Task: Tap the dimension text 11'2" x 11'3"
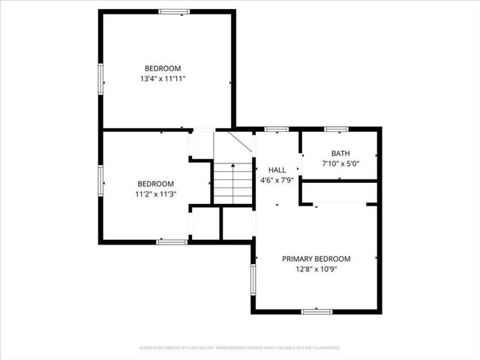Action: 155,194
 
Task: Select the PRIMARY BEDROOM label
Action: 316,259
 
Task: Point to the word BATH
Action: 340,153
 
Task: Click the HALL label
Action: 277,170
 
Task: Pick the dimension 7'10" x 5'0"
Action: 340,163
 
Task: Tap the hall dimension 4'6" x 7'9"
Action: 277,180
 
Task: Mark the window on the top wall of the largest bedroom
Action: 174,11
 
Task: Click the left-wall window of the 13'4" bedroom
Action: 100,79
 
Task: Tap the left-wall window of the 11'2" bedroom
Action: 100,180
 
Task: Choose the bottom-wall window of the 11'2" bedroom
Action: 172,241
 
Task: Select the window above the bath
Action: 341,129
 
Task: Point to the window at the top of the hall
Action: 277,129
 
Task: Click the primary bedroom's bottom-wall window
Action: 316,311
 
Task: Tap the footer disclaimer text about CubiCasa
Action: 240,348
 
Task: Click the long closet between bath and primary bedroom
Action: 339,192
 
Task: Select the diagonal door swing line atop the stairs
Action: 238,142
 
